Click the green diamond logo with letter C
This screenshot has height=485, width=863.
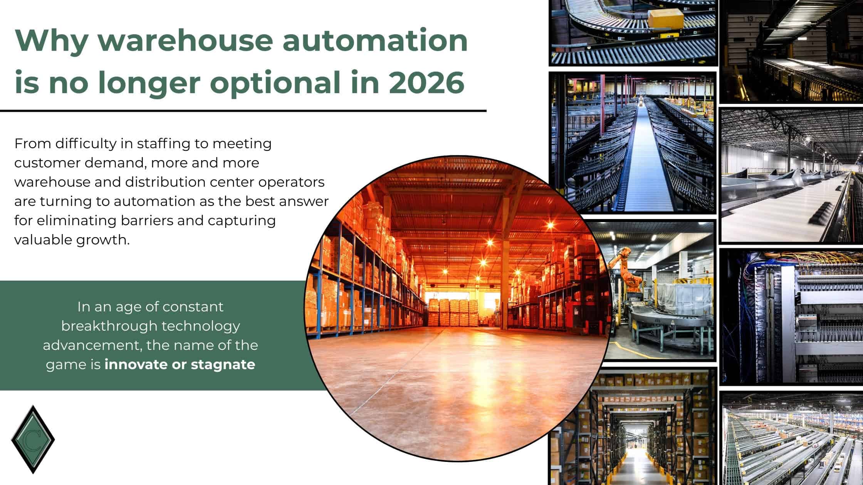[33, 439]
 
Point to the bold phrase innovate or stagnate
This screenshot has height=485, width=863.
[180, 364]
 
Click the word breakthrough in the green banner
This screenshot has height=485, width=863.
[109, 326]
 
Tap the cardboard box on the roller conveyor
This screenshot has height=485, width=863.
[665, 17]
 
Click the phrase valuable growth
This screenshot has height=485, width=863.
[72, 240]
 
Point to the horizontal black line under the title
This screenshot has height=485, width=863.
[243, 111]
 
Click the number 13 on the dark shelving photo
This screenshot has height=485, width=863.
[749, 18]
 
